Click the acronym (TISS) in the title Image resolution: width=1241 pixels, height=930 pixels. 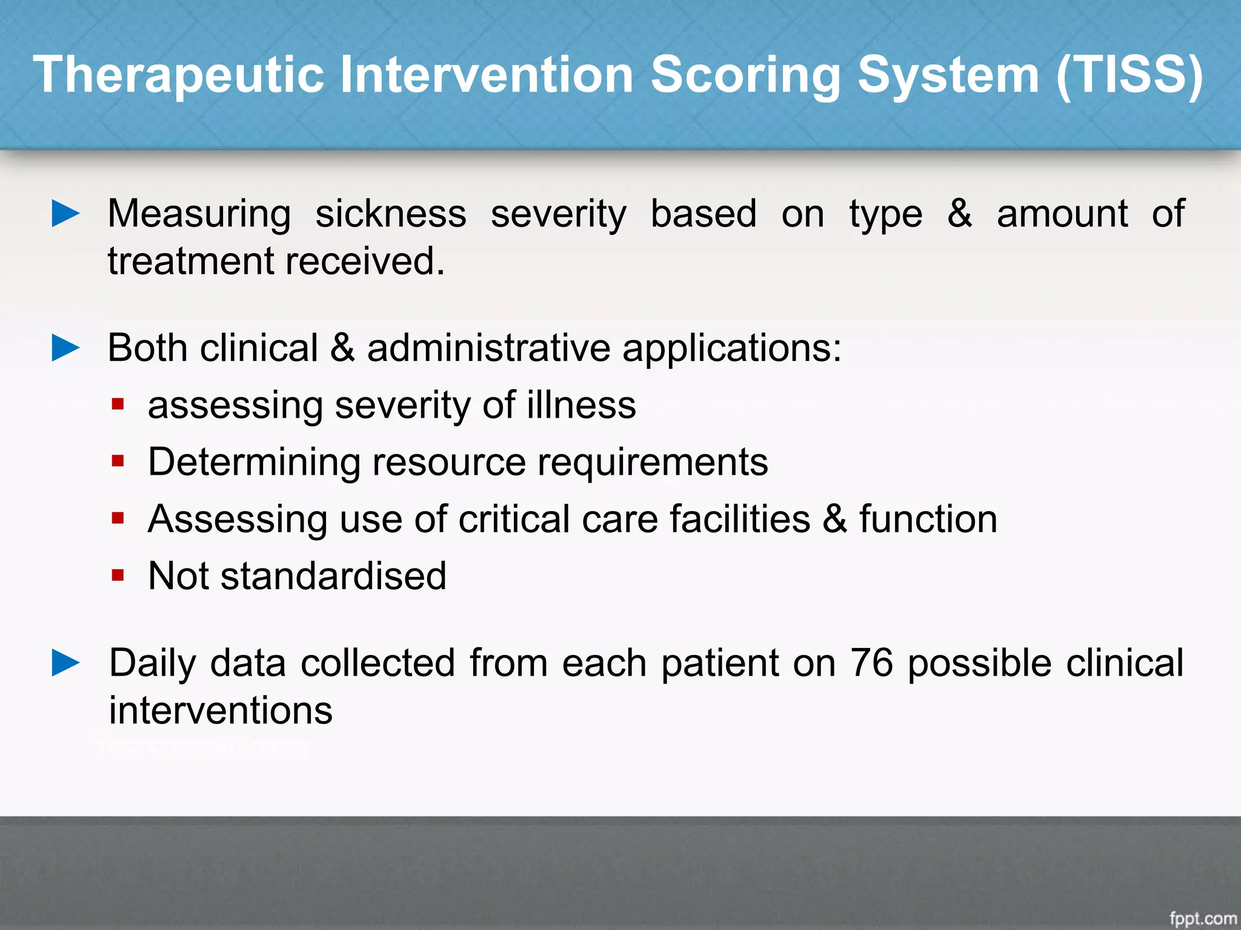click(1130, 75)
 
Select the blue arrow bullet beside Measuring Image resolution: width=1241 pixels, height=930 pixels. click(65, 214)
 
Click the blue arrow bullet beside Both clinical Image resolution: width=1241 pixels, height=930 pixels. click(65, 348)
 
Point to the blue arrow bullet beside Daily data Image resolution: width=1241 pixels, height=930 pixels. click(65, 662)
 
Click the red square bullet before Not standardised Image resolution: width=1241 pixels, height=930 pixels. click(118, 575)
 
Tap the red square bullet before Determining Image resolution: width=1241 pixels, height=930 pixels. click(118, 461)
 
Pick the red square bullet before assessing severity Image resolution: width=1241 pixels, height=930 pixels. click(118, 404)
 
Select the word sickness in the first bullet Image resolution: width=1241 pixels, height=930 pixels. click(391, 214)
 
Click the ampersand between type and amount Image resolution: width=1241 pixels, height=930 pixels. click(959, 214)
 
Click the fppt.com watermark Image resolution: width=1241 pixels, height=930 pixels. click(1203, 918)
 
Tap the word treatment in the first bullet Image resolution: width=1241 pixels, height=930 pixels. click(191, 262)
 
